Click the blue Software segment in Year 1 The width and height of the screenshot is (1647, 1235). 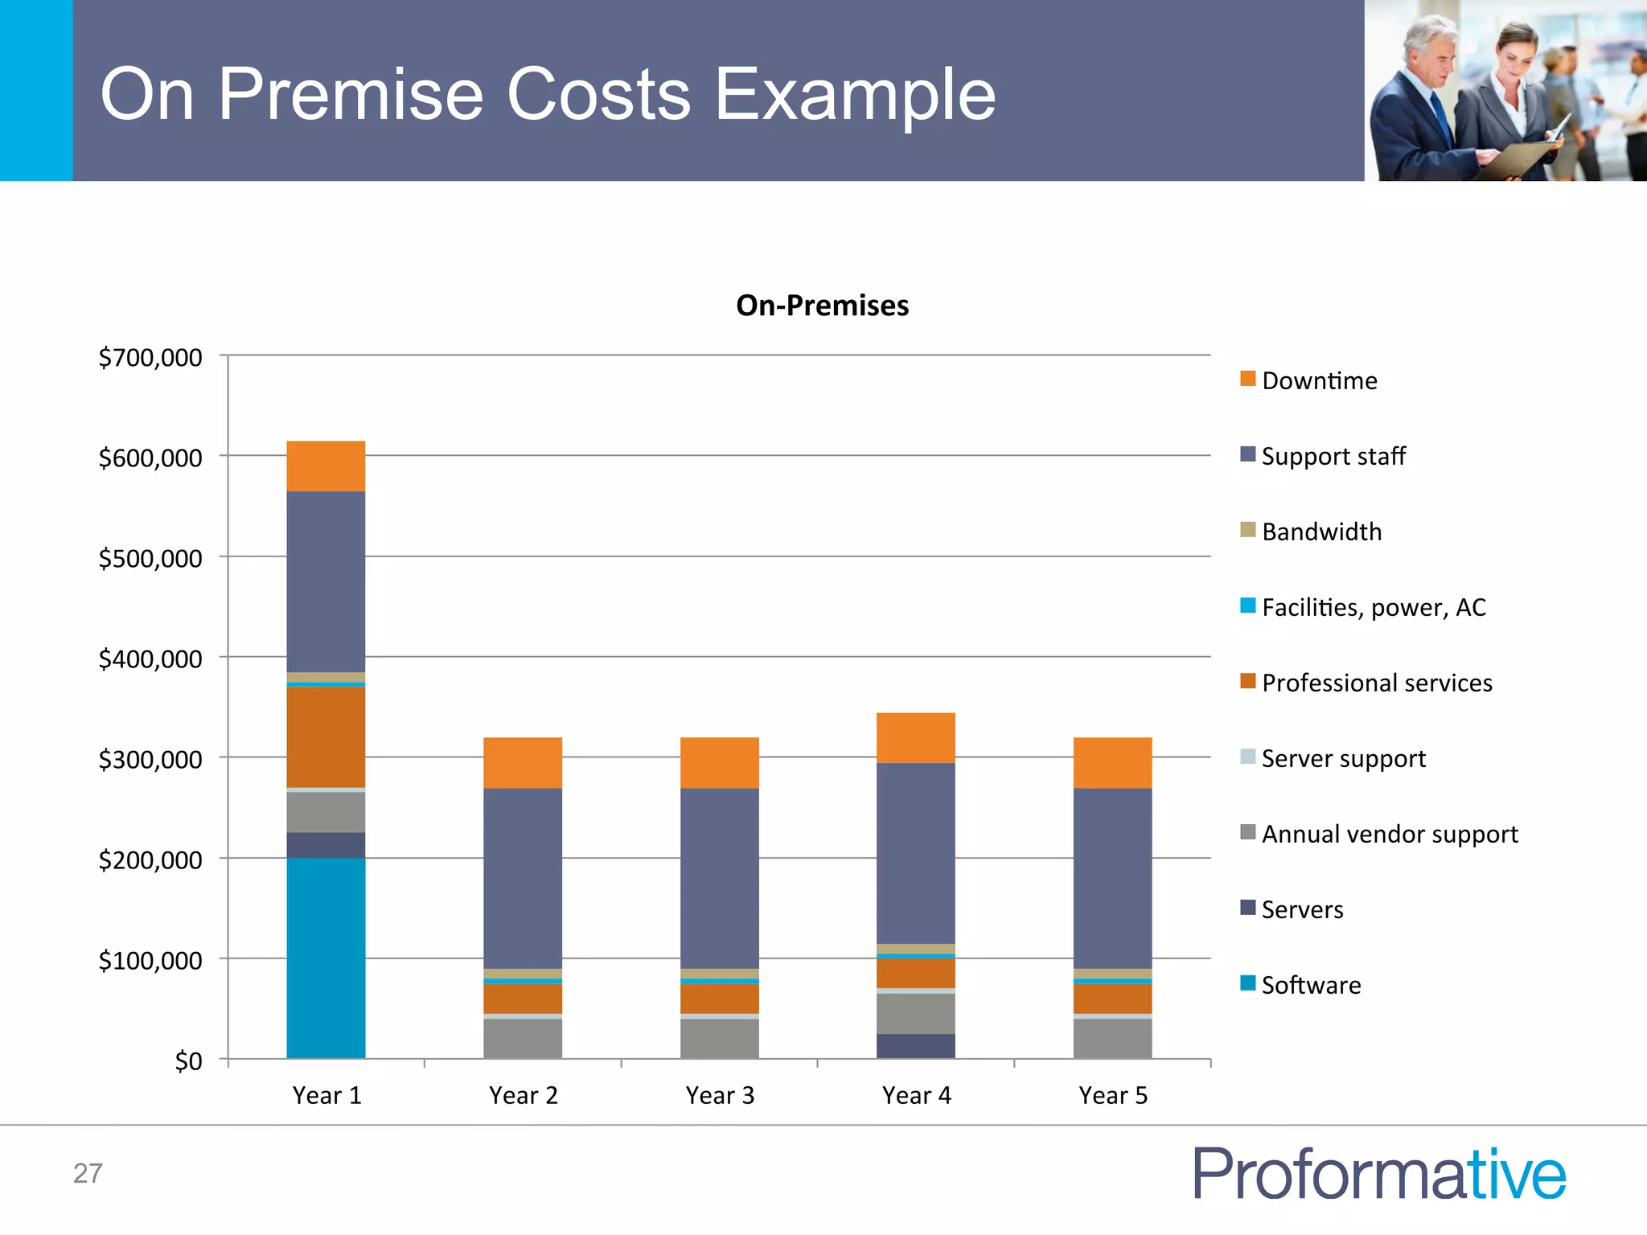click(326, 957)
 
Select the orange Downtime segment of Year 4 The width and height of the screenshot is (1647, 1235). click(915, 737)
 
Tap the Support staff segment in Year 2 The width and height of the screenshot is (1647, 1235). click(523, 878)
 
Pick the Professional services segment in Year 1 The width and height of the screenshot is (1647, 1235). click(326, 736)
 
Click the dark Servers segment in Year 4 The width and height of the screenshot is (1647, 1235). click(915, 1045)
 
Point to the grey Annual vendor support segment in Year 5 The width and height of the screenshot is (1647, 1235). click(1112, 1038)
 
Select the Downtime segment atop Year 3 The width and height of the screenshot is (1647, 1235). click(719, 762)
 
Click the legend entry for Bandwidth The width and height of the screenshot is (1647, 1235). click(1321, 531)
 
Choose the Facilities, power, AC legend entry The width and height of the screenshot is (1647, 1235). click(1373, 607)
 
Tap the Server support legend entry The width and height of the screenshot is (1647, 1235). click(1343, 758)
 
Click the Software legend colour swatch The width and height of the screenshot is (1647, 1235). click(1247, 983)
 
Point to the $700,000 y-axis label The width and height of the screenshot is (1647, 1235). click(150, 357)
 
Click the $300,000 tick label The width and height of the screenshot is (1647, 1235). click(150, 759)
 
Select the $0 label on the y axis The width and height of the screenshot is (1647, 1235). click(188, 1061)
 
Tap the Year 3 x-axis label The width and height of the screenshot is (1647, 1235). click(720, 1095)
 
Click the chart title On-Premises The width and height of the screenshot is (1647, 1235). click(822, 306)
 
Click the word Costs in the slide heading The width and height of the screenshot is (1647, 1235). click(598, 94)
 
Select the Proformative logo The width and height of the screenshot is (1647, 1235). click(1378, 1174)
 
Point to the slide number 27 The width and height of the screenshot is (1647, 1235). click(88, 1174)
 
